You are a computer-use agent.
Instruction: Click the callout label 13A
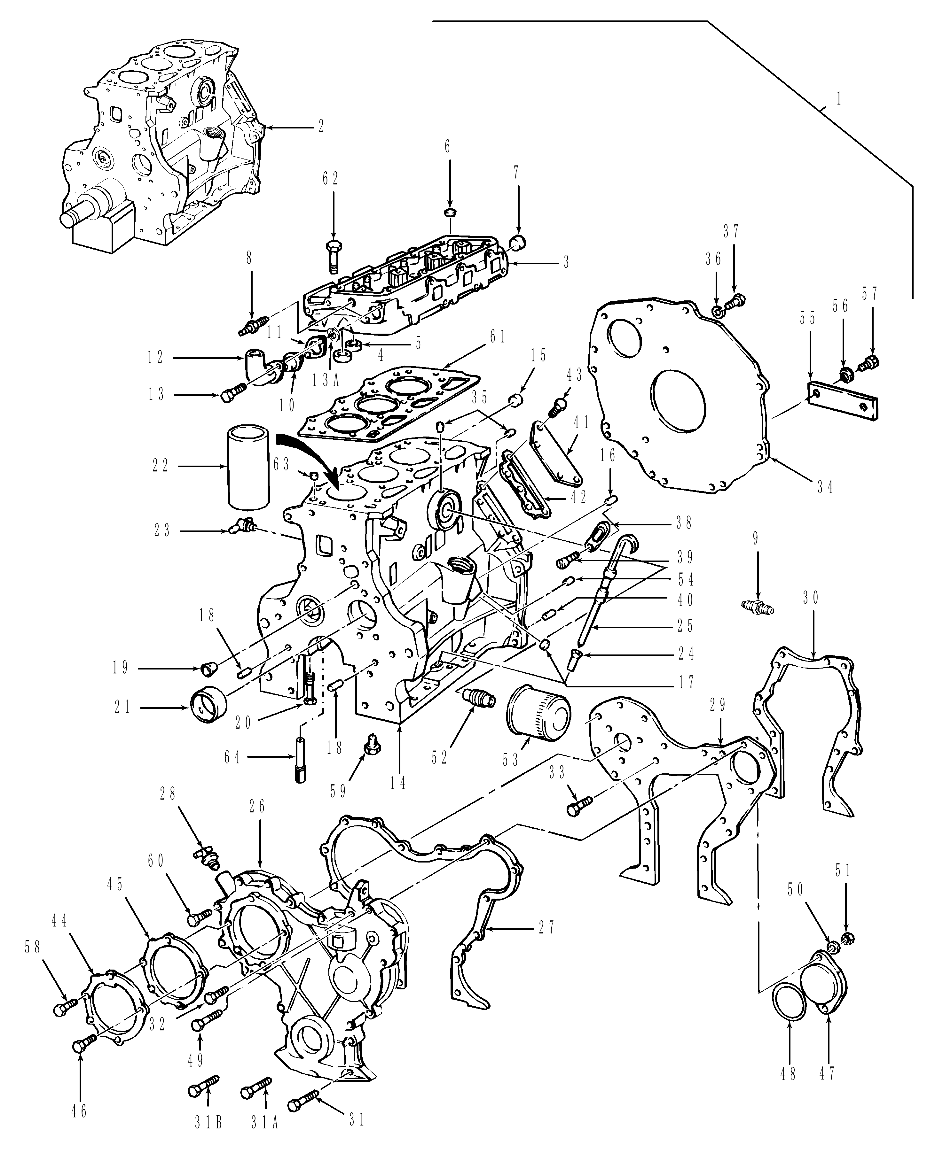(x=325, y=380)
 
